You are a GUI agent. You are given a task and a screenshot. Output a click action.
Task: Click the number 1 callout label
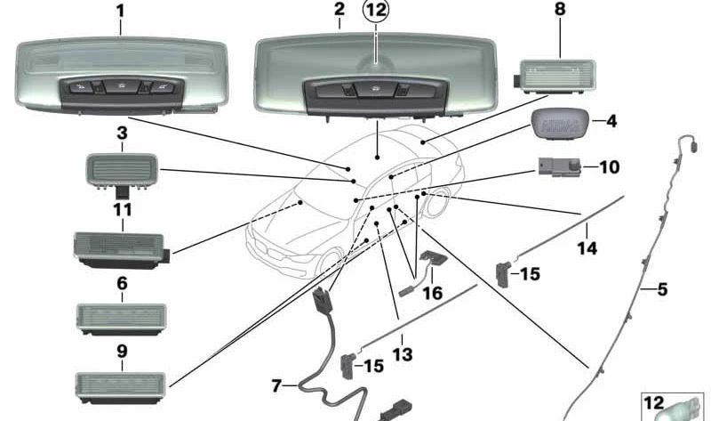click(x=120, y=12)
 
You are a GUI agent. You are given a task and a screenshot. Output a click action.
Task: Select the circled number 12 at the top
click(x=376, y=10)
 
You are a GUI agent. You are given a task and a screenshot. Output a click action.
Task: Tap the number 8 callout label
click(x=561, y=9)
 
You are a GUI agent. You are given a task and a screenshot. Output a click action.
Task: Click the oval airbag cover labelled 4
click(x=561, y=124)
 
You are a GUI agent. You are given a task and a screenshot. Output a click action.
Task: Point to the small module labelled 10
click(x=560, y=166)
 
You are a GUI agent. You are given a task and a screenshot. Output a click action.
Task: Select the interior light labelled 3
click(x=122, y=171)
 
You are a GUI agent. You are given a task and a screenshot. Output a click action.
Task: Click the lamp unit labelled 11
click(x=121, y=249)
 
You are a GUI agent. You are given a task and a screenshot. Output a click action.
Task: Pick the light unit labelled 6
click(x=121, y=320)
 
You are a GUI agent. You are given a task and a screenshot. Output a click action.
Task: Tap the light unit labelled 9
click(x=121, y=387)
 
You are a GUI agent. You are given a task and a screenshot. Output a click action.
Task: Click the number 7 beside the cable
click(x=276, y=385)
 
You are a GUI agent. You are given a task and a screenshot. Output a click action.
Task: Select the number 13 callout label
click(x=403, y=354)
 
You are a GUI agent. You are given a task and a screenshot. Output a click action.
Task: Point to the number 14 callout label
click(x=587, y=248)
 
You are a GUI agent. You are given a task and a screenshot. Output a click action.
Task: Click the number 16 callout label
click(x=432, y=293)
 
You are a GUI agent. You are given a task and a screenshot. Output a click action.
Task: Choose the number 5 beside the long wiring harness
click(x=662, y=289)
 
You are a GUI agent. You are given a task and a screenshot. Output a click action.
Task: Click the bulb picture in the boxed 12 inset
click(x=675, y=412)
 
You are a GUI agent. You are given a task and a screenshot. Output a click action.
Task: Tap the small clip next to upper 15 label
click(x=503, y=275)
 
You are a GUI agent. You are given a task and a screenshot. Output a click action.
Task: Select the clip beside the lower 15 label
click(x=348, y=366)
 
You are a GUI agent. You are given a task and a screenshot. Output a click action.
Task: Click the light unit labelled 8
click(x=557, y=77)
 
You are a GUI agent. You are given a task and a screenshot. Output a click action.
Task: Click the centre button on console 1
click(x=122, y=85)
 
